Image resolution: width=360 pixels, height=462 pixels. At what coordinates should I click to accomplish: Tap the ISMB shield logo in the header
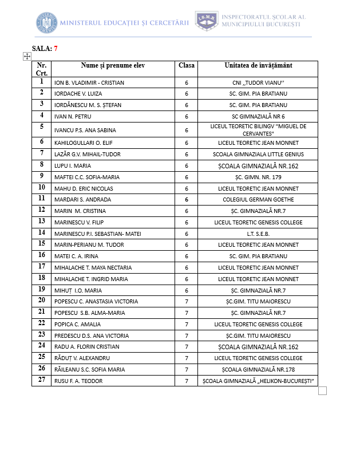(x=207, y=21)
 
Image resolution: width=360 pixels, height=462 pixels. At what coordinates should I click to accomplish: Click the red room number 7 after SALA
(x=56, y=49)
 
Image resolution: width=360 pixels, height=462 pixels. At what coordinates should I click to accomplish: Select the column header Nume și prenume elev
(x=113, y=65)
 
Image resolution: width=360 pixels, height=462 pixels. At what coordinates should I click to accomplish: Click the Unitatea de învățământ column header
(x=258, y=65)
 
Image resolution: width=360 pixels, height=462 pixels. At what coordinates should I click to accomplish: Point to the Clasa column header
(x=187, y=65)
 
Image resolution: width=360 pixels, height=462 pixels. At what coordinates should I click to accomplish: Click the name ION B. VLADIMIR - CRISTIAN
(x=89, y=83)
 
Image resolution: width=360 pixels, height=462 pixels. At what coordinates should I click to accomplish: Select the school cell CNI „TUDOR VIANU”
(x=258, y=83)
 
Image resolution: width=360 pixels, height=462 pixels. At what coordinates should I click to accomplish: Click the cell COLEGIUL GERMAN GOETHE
(x=258, y=200)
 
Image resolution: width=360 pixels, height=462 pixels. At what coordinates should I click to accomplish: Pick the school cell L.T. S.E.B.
(x=258, y=234)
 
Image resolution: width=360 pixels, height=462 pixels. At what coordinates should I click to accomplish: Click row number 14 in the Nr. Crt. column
(x=42, y=233)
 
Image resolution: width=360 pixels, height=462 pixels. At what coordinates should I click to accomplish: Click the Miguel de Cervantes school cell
(x=258, y=129)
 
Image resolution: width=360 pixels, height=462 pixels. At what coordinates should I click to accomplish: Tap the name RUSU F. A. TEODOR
(x=78, y=381)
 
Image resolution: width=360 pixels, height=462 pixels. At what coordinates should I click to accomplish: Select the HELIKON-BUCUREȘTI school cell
(x=258, y=381)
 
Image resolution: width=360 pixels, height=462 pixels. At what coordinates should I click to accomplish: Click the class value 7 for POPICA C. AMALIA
(x=187, y=325)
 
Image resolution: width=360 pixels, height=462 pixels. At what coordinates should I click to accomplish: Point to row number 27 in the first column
(x=42, y=380)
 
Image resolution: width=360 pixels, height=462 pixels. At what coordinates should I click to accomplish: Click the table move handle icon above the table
(x=26, y=56)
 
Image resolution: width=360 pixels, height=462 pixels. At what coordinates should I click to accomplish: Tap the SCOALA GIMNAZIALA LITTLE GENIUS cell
(x=258, y=154)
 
